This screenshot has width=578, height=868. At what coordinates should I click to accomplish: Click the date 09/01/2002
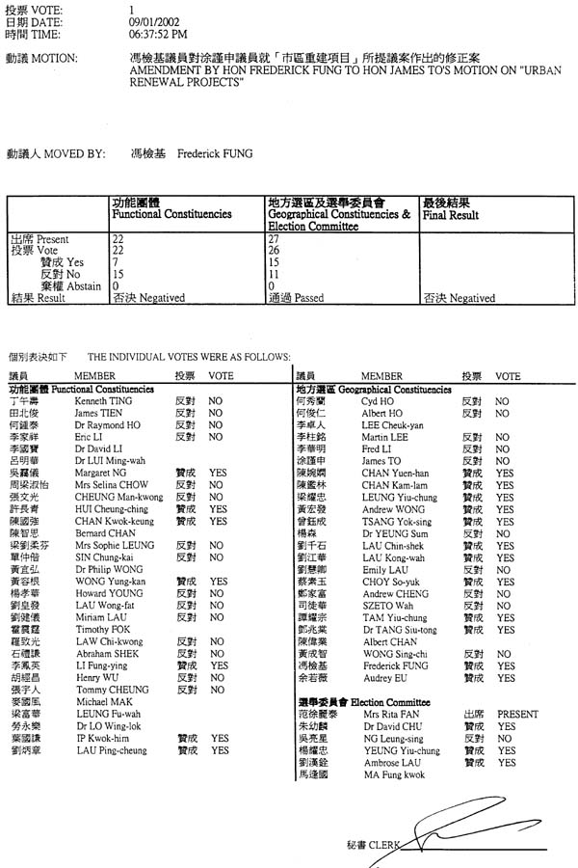[154, 19]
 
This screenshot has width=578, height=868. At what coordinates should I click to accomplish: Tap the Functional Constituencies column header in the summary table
[172, 213]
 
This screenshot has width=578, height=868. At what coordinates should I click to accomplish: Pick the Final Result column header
[450, 215]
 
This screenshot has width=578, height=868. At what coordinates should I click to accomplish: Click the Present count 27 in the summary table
[273, 238]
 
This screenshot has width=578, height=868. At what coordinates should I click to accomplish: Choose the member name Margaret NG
[98, 473]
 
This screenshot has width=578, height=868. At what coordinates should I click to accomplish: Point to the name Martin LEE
[382, 437]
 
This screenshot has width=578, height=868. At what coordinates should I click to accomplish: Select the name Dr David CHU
[388, 726]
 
